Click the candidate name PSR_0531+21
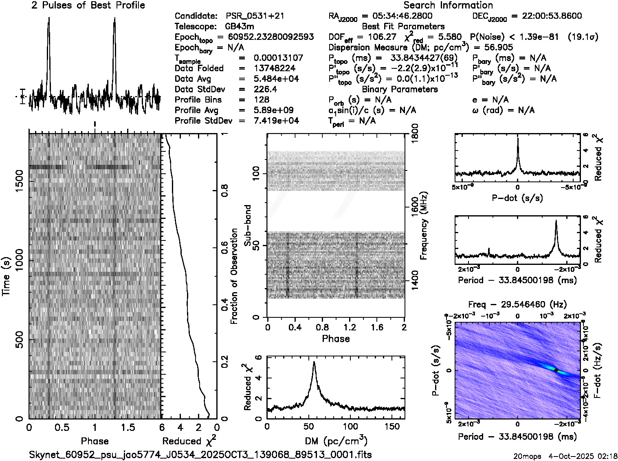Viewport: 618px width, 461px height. [x=255, y=16]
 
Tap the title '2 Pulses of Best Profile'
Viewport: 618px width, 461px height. [x=88, y=6]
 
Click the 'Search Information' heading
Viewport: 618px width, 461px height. [x=448, y=6]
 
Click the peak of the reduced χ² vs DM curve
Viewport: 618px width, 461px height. [x=314, y=362]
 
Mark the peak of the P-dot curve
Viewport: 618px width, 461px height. [x=518, y=139]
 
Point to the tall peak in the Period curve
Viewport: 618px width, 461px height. [x=556, y=221]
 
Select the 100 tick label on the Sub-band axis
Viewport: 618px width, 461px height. [x=256, y=174]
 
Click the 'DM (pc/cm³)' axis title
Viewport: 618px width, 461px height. [x=336, y=441]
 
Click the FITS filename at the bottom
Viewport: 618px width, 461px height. [x=200, y=454]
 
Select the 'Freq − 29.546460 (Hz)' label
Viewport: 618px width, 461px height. [x=517, y=305]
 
